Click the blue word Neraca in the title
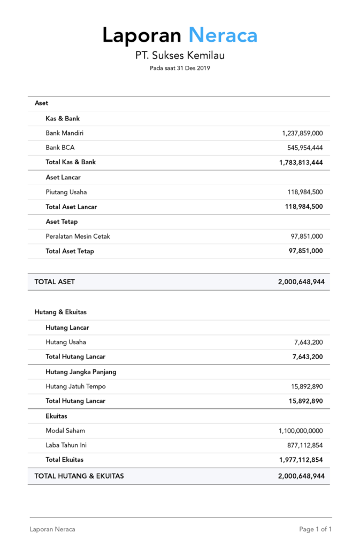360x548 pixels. pos(223,35)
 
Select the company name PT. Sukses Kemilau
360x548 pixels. pos(180,55)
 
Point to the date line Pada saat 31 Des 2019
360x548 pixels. pos(180,68)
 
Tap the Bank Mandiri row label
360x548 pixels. pos(65,133)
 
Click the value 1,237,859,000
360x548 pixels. pos(302,133)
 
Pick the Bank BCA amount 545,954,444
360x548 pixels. pos(305,148)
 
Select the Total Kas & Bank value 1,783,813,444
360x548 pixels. pos(301,162)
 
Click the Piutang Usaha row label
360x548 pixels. pos(66,192)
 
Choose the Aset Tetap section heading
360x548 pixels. pos(62,222)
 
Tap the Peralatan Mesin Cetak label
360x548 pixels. pos(78,236)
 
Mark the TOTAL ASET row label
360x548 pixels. pos(55,281)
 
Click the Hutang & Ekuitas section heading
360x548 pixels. pos(60,311)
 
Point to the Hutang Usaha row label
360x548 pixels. pos(66,342)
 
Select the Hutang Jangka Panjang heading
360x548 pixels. pos(81,371)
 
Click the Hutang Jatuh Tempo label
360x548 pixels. pos(76,386)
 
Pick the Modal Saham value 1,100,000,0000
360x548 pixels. pos(301,431)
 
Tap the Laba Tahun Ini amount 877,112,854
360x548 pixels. pos(305,445)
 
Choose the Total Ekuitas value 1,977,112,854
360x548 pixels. pos(301,460)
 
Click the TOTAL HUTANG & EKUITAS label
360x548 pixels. pos(79,476)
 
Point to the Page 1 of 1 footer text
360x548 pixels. pos(316,529)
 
